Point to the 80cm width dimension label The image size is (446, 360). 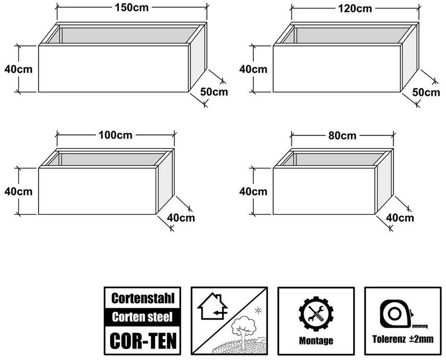pyautogui.click(x=342, y=135)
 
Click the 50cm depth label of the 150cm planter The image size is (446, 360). pyautogui.click(x=214, y=91)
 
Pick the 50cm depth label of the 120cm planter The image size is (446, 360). pyautogui.click(x=426, y=92)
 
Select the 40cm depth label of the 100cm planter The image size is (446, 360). pyautogui.click(x=181, y=218)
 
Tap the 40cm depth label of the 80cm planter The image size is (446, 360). pyautogui.click(x=400, y=218)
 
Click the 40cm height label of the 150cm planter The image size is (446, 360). pyautogui.click(x=18, y=69)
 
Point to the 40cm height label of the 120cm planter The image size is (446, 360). pyautogui.click(x=253, y=69)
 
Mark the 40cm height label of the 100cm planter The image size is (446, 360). pyautogui.click(x=18, y=191)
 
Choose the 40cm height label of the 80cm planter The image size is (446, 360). pyautogui.click(x=253, y=191)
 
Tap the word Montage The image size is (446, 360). pyautogui.click(x=316, y=341)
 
